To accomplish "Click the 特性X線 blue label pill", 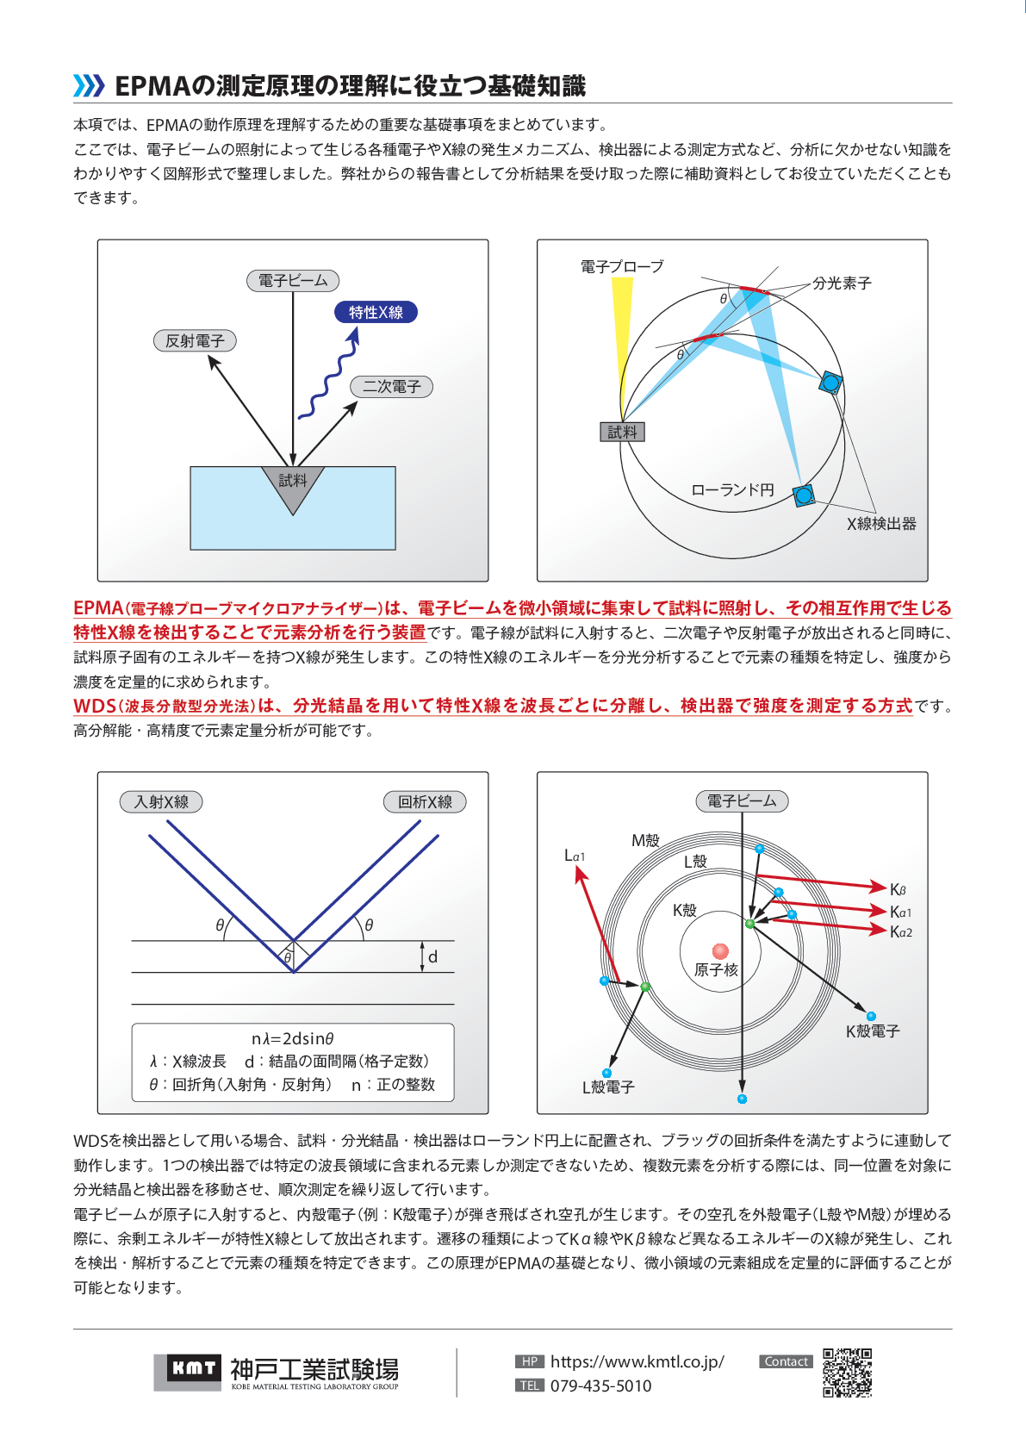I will point(376,312).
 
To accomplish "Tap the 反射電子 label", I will point(195,340).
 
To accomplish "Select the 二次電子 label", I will point(391,387).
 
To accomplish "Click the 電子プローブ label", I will point(622,266).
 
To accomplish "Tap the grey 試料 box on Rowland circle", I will point(622,432).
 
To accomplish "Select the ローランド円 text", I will point(732,490).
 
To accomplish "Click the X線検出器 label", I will point(881,523).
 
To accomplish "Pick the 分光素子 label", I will point(842,283).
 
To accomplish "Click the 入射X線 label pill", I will point(161,801).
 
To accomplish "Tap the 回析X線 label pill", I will point(425,801).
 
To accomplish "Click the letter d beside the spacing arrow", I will point(432,956).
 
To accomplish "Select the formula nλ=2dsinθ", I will point(293,1038).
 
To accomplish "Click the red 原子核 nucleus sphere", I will point(720,951).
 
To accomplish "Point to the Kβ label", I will point(898,889).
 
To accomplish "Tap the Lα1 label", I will point(574,856).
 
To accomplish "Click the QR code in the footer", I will point(847,1373).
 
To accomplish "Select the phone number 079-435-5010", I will point(600,1386).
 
